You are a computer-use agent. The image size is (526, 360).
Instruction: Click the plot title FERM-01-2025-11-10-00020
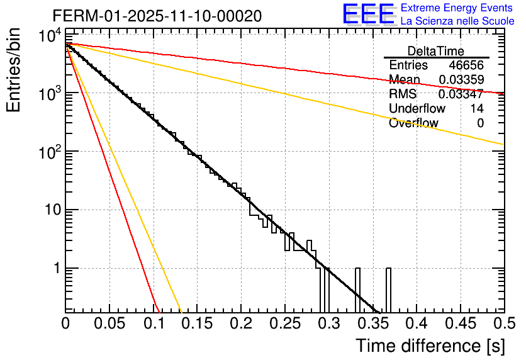157,16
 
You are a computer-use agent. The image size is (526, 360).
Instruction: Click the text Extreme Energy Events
457,8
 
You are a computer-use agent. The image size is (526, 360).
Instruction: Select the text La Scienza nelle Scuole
457,21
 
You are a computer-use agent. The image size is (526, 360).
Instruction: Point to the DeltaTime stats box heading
436,51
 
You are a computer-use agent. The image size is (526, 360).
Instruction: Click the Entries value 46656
466,65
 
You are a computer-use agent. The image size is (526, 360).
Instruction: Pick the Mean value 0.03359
461,80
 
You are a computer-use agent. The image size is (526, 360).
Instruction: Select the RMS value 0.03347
461,94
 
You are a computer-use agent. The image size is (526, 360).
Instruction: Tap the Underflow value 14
477,109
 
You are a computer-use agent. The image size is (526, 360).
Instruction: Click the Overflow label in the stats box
413,123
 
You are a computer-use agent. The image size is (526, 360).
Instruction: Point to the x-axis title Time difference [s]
429,346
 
